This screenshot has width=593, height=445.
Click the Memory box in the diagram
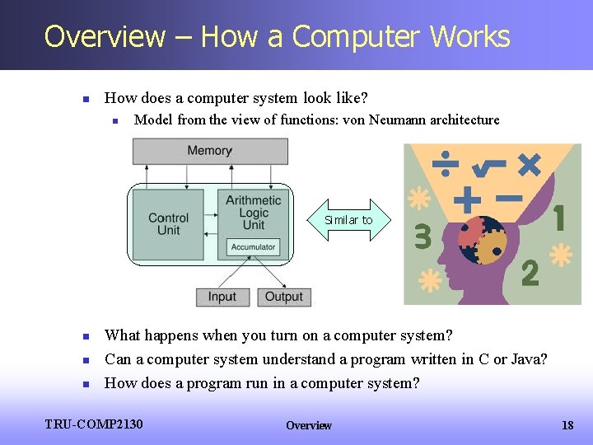tap(209, 151)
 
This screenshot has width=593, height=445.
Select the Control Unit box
tap(168, 223)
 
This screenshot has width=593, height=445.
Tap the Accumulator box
tap(253, 247)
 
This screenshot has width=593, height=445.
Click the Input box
tap(222, 297)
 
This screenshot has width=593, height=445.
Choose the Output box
tap(284, 297)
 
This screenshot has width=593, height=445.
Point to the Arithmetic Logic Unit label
tap(253, 213)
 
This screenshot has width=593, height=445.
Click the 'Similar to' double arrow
tap(348, 220)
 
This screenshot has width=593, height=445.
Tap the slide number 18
tap(567, 425)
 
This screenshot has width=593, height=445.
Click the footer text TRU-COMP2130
tap(94, 424)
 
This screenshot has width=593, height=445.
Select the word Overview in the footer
tap(309, 425)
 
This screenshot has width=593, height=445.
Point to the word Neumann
tap(399, 119)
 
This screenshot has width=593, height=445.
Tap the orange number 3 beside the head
tap(423, 237)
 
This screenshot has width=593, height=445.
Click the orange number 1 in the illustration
tap(560, 218)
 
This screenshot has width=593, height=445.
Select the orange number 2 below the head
tap(530, 273)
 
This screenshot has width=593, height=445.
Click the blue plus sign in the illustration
tap(467, 199)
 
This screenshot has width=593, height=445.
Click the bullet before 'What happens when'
tap(86, 336)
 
